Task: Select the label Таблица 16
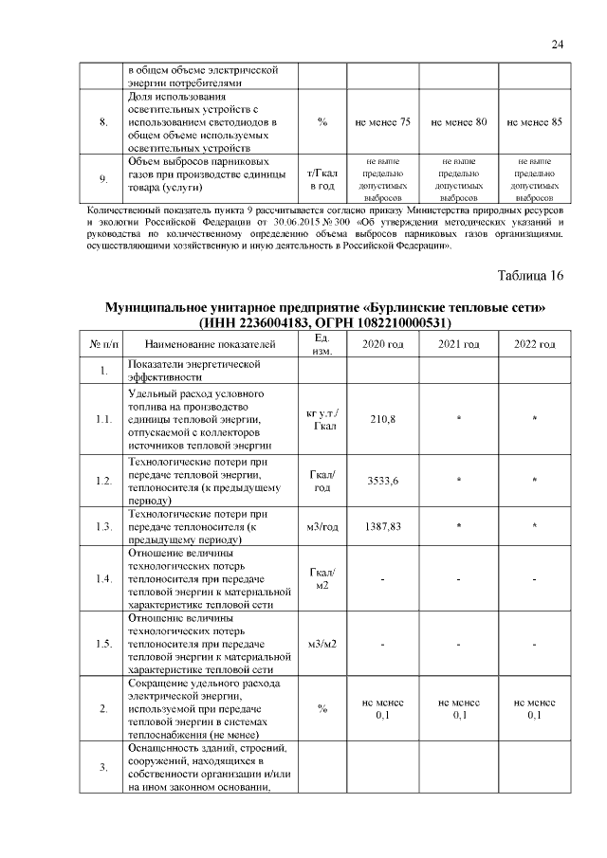(x=531, y=276)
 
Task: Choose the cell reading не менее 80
(x=458, y=122)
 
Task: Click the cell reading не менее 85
(x=534, y=122)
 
